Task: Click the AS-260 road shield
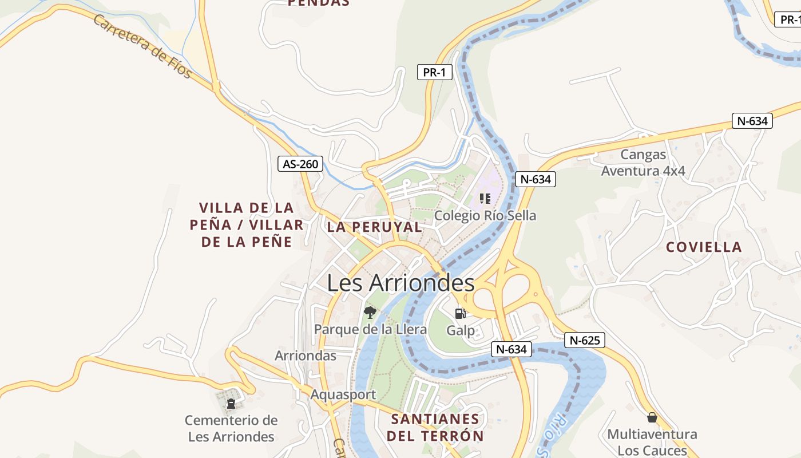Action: tap(300, 164)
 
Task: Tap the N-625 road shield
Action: tap(585, 341)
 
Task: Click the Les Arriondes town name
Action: tap(400, 283)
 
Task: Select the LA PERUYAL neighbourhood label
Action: tap(374, 227)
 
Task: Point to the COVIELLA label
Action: tap(704, 247)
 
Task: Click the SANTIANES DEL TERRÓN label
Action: tap(435, 428)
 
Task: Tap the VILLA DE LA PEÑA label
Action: tap(247, 224)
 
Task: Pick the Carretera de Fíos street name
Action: tap(142, 46)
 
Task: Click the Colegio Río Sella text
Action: tap(485, 216)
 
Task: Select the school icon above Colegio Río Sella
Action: tap(485, 199)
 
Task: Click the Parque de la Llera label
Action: tap(370, 329)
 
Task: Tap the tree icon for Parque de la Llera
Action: tap(370, 313)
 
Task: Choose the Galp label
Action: tap(461, 330)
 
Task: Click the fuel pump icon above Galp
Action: tap(460, 313)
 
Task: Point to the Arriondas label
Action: tap(306, 356)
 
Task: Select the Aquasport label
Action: tap(343, 394)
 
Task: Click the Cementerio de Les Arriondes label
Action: tap(231, 429)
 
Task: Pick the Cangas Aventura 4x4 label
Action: tap(643, 163)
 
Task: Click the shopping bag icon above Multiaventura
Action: tap(652, 417)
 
